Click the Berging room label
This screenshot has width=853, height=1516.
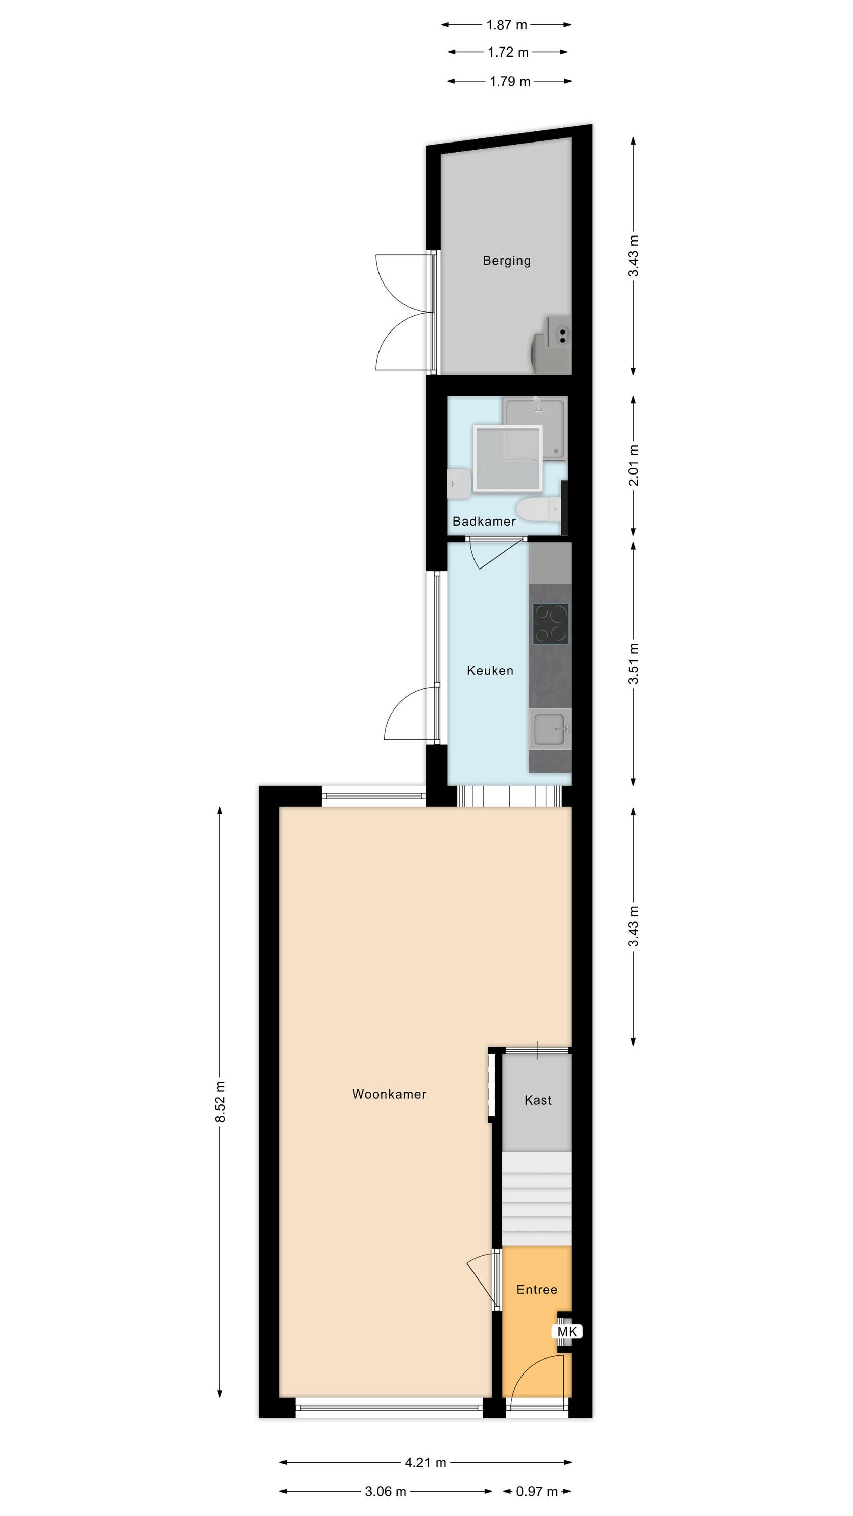(506, 261)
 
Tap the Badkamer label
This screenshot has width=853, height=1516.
(484, 521)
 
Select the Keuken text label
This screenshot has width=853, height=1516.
(490, 670)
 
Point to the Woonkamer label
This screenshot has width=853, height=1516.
(389, 1094)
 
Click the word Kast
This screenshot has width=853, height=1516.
(538, 1100)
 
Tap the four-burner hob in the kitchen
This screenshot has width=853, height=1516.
(550, 624)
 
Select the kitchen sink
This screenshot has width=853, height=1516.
(550, 729)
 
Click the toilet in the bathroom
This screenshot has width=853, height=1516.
(539, 509)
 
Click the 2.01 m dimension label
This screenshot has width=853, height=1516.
(633, 465)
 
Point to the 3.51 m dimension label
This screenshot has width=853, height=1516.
(633, 664)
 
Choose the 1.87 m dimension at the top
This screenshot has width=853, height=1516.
(506, 25)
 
